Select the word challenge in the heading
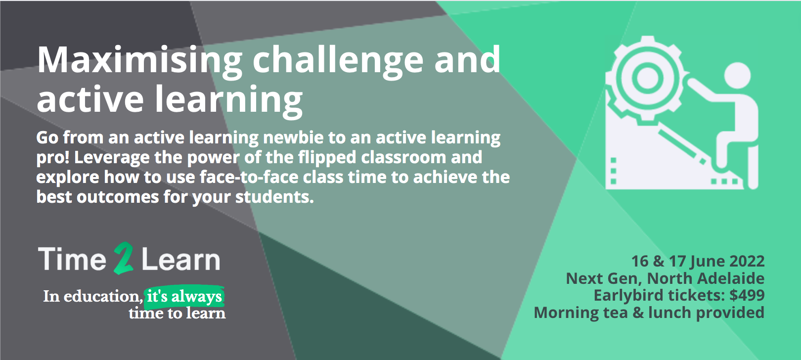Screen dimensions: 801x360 [338, 60]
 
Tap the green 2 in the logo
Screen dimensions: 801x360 [124, 258]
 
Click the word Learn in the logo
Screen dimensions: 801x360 [180, 260]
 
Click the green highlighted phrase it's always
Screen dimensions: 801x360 [184, 297]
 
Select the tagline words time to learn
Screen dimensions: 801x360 [177, 314]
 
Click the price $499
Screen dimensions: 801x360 [747, 296]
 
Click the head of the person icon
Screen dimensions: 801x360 [737, 75]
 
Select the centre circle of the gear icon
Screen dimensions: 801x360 [648, 78]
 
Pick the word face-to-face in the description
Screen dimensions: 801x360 [249, 178]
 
